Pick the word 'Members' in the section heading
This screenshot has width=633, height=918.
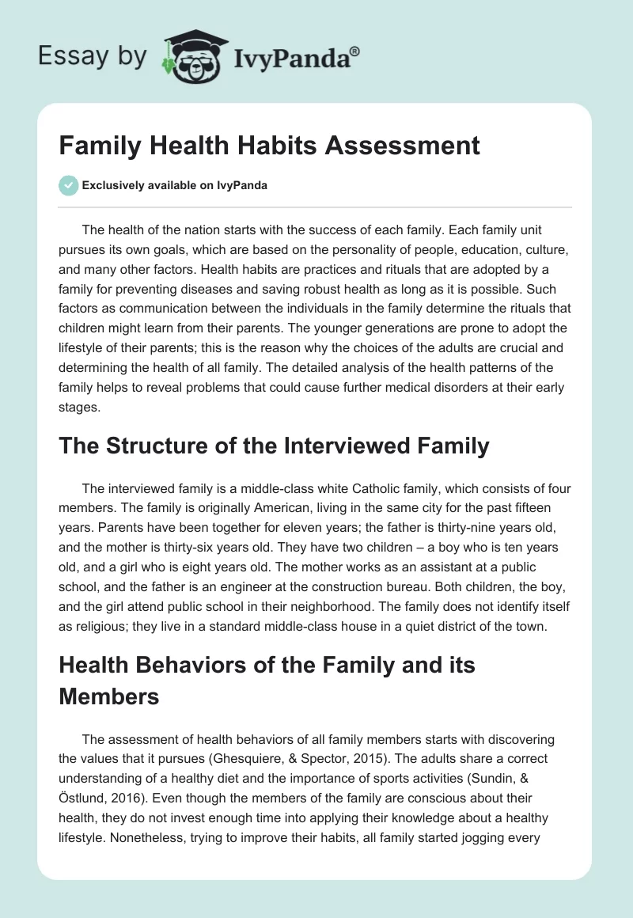pyautogui.click(x=108, y=696)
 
